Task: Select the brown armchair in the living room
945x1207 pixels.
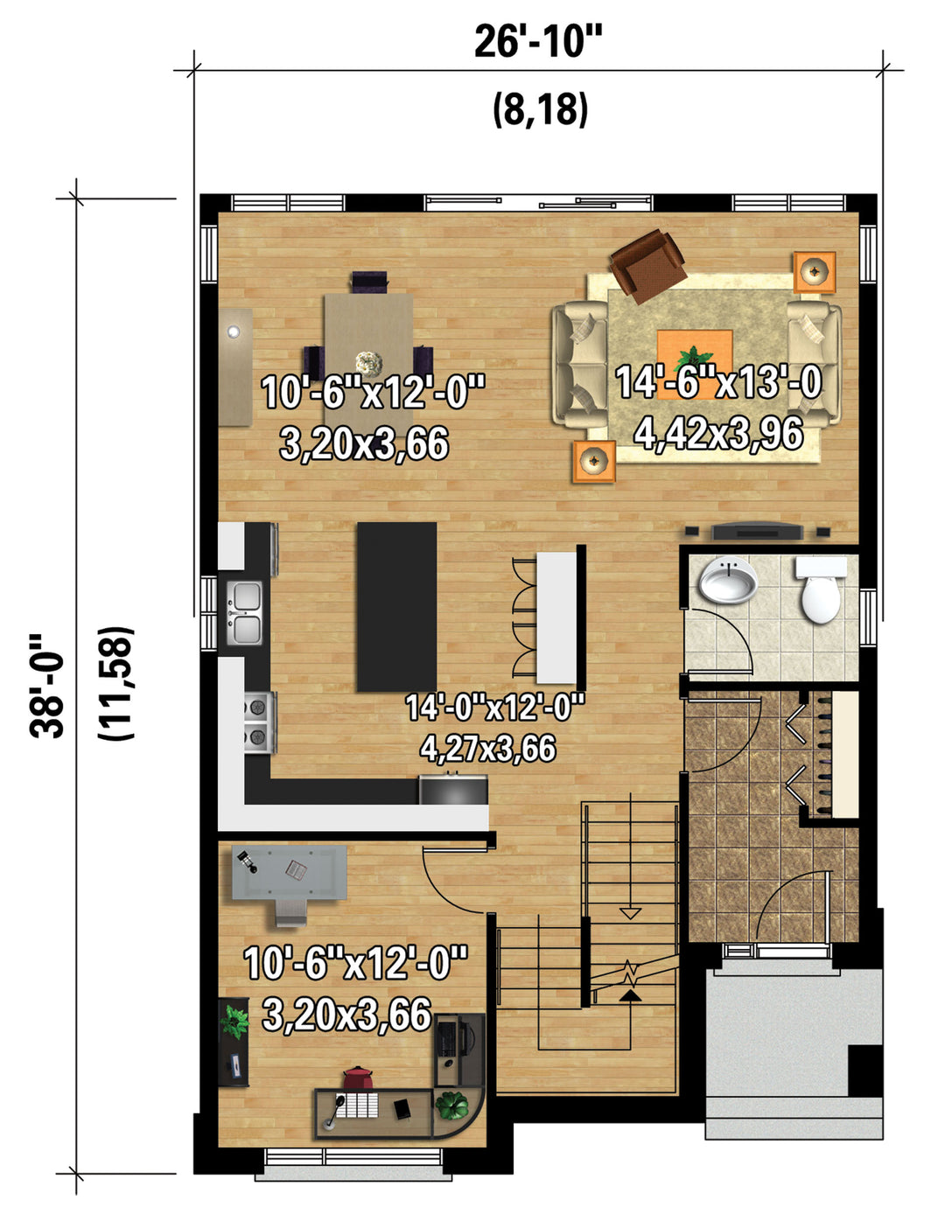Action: (648, 266)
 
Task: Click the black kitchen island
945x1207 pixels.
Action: (396, 606)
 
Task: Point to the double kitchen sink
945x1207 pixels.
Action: (245, 613)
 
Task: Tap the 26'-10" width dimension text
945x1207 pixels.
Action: (538, 42)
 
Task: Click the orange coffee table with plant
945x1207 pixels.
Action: (695, 364)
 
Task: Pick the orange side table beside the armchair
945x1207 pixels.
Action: (815, 272)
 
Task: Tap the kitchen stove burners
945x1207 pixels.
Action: (258, 722)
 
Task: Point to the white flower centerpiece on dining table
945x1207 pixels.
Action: (369, 363)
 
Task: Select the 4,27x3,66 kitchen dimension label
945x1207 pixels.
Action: (487, 748)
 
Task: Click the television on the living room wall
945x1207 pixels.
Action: (758, 532)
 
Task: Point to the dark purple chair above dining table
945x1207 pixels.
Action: (369, 281)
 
